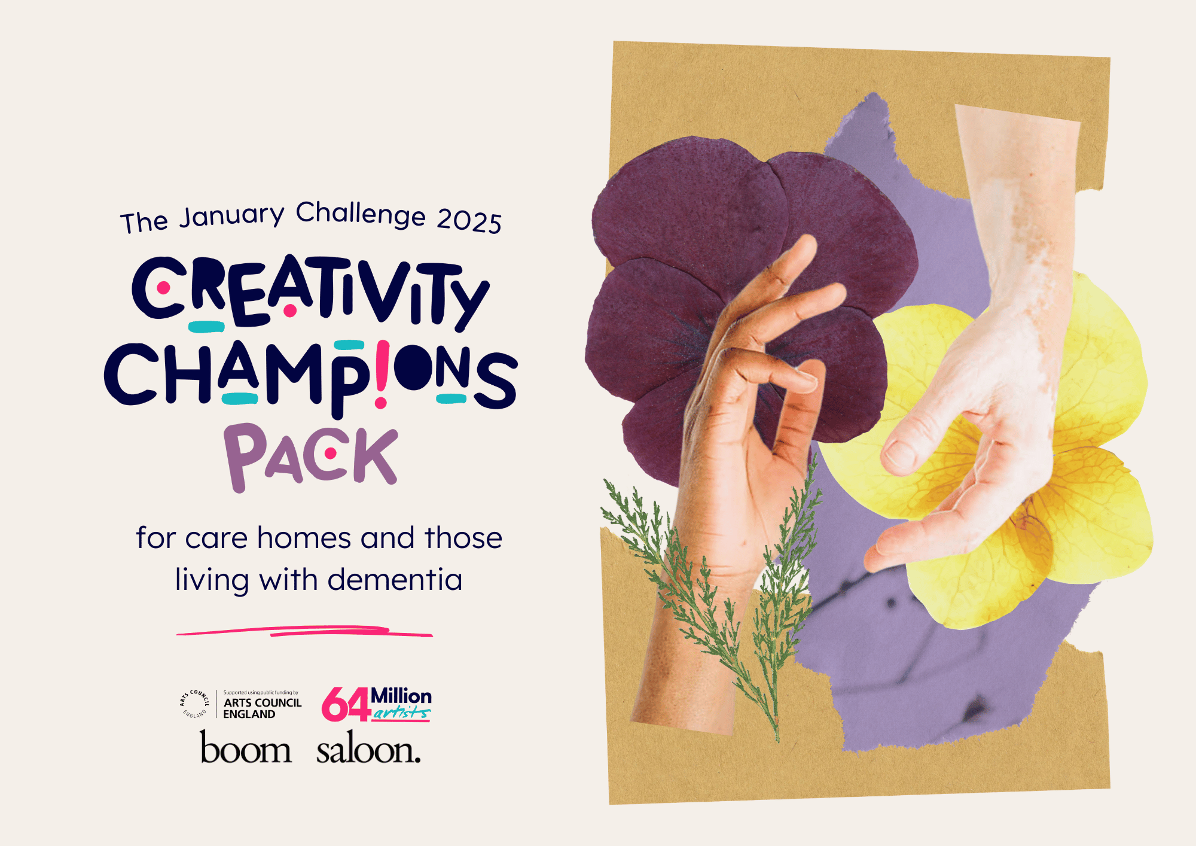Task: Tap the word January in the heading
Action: [x=232, y=216]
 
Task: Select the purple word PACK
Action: [x=311, y=456]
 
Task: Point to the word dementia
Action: [x=395, y=579]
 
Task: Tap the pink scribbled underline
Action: [x=304, y=631]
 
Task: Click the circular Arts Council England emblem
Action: [x=194, y=704]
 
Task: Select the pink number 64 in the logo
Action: [x=346, y=704]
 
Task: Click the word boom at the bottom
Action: [x=246, y=748]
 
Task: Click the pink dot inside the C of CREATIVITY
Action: [x=163, y=288]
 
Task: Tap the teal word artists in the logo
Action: [x=401, y=712]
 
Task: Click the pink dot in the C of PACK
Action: [x=330, y=454]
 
